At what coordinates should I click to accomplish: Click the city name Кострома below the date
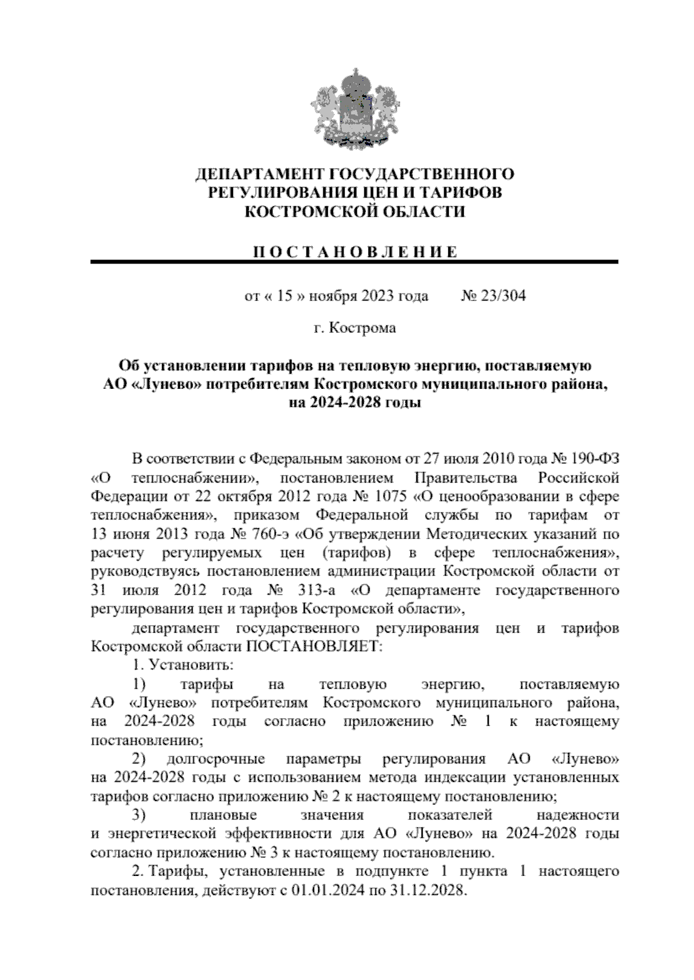point(362,328)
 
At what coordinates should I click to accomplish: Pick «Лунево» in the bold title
point(162,384)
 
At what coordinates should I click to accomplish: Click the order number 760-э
point(264,534)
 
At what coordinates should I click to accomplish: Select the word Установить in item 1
point(191,665)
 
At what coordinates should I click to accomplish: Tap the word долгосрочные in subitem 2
point(216,759)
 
